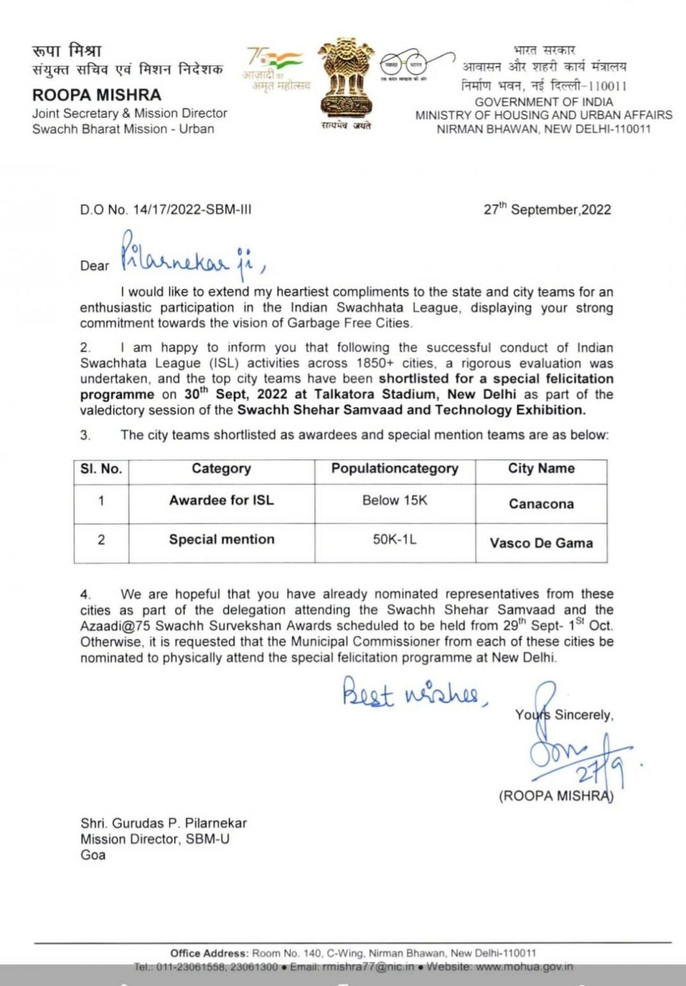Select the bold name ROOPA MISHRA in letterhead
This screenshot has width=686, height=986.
tap(97, 95)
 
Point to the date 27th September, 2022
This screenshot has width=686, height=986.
tap(547, 209)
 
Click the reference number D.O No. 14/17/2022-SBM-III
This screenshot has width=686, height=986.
tap(166, 210)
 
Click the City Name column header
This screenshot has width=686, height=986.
tap(541, 469)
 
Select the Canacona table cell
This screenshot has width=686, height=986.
tap(541, 504)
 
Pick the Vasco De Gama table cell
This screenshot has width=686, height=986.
tap(541, 543)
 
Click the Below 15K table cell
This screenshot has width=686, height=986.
tap(394, 501)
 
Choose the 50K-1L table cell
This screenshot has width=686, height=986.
tap(394, 540)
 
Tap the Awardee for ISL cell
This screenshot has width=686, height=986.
tap(222, 501)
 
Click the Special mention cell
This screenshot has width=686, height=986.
tap(222, 540)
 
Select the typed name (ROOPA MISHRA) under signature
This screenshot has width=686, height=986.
tap(556, 796)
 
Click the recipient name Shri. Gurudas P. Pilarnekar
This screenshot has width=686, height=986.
tap(163, 823)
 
